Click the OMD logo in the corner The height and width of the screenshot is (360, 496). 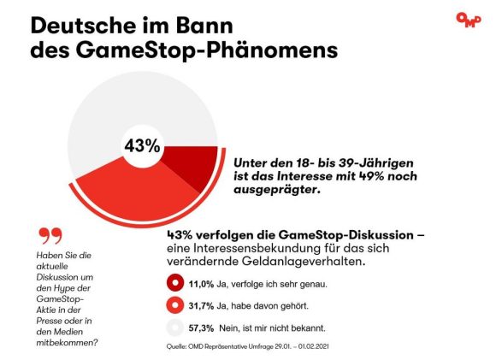(x=469, y=21)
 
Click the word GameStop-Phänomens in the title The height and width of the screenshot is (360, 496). (x=207, y=50)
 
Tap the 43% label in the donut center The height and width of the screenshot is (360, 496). (x=142, y=146)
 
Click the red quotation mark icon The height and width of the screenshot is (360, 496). (x=50, y=236)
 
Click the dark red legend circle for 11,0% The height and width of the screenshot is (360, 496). (x=175, y=283)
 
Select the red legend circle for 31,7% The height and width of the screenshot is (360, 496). (x=175, y=305)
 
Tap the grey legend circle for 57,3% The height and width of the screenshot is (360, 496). (x=175, y=328)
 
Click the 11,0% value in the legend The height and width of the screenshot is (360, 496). (x=201, y=284)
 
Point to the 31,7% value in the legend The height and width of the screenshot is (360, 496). (x=201, y=306)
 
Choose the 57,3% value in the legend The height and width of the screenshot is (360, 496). (x=201, y=328)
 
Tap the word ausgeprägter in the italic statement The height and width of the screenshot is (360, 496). (x=275, y=190)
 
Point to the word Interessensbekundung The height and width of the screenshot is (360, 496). (x=257, y=248)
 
